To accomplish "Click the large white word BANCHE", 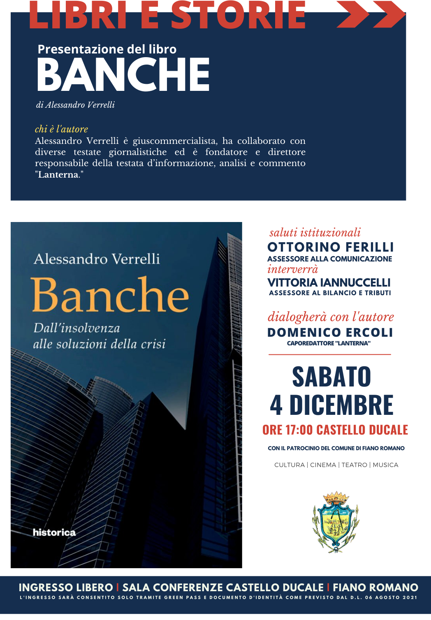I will (123, 74).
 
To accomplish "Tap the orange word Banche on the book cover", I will (110, 295).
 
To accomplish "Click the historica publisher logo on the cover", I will (54, 532).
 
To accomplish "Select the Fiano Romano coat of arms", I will (336, 521).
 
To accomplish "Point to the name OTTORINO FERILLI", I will (330, 247).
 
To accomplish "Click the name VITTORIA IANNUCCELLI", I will (329, 282).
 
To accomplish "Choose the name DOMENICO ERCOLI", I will (330, 332).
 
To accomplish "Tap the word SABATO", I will (331, 377).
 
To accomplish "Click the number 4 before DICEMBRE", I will (276, 405).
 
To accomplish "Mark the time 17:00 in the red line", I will (299, 430).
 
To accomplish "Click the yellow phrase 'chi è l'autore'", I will (61, 129).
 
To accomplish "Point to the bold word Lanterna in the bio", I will (58, 175).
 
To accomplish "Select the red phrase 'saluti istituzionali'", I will (315, 233).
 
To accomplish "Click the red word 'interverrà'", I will (292, 269).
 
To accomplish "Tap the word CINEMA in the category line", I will (323, 465).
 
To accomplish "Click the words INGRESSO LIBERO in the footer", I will (66, 588).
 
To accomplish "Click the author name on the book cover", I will (97, 259).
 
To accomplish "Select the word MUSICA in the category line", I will (385, 465).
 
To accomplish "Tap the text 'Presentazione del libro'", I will (107, 49).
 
